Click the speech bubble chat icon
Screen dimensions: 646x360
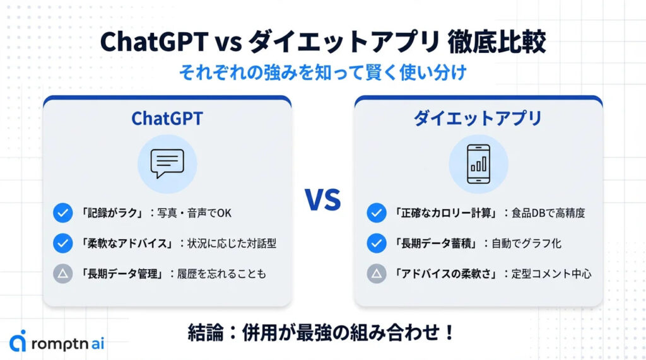coord(167,163)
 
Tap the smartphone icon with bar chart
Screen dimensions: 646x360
coord(478,163)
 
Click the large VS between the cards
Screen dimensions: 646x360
coord(323,200)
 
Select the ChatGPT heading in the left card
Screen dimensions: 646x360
coord(167,119)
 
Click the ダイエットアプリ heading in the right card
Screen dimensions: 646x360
coord(478,119)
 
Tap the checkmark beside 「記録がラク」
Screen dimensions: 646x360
coord(63,213)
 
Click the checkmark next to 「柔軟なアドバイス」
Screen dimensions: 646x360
coord(63,243)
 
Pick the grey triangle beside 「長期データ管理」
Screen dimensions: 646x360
coord(63,274)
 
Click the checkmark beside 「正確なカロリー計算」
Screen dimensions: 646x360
coord(377,213)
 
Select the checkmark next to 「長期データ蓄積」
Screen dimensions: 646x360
coord(377,243)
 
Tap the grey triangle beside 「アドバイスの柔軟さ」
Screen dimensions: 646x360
coord(377,274)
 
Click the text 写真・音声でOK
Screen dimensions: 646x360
coord(194,213)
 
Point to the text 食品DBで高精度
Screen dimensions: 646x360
coord(548,213)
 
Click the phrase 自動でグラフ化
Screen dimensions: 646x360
coord(527,243)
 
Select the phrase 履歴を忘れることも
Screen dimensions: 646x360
coord(221,274)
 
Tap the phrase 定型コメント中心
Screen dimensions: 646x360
coord(551,274)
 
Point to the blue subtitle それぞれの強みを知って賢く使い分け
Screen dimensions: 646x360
coord(323,73)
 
